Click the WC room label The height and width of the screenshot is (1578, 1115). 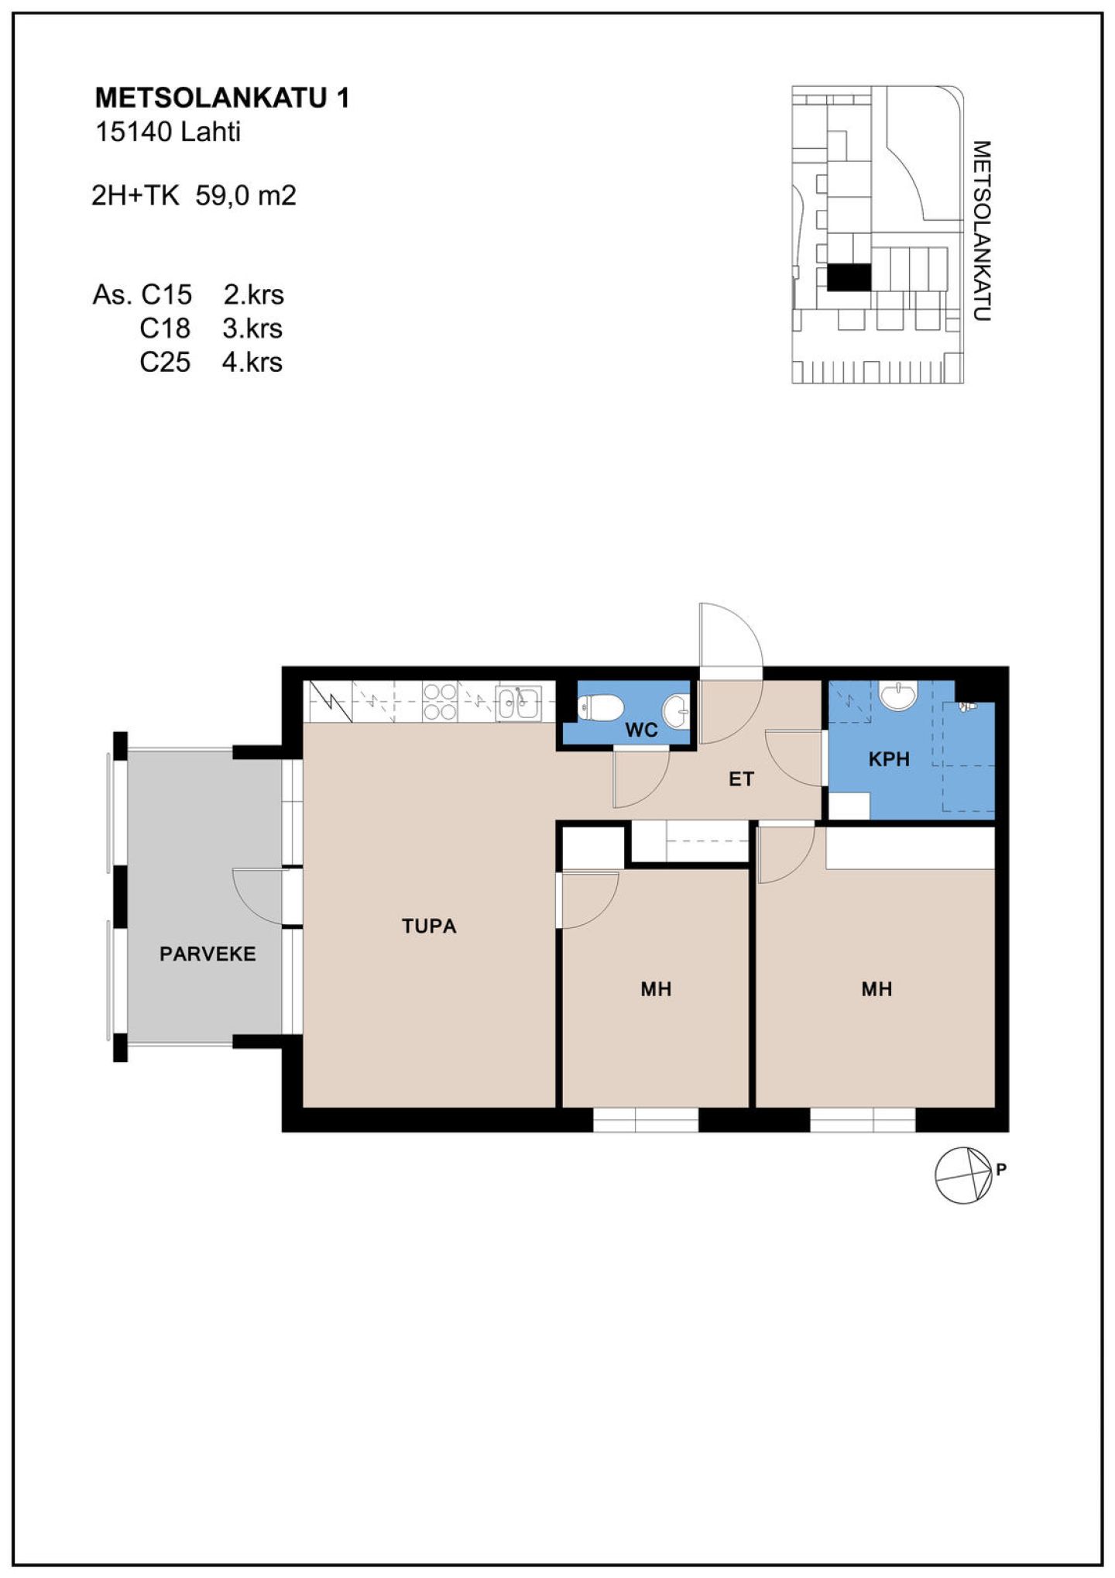coord(641,729)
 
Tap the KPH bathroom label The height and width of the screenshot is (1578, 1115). coord(888,759)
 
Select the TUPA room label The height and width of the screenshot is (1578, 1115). coord(429,926)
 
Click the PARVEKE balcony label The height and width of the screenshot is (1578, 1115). coord(208,954)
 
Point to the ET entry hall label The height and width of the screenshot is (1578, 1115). coord(741,779)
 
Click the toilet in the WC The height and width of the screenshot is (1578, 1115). coord(600,707)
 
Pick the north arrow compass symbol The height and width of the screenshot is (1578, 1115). coord(963,1175)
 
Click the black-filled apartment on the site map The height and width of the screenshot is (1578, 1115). coord(849,277)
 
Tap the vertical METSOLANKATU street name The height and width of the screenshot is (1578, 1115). coord(981,231)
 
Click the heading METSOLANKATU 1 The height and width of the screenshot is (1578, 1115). coord(222,98)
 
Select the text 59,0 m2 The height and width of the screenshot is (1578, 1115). coord(246,195)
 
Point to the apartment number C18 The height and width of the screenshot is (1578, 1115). coord(165,328)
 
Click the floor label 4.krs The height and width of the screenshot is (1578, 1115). coord(252,362)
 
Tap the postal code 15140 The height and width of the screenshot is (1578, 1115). coord(133,132)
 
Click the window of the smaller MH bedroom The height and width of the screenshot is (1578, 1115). coord(646,1120)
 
